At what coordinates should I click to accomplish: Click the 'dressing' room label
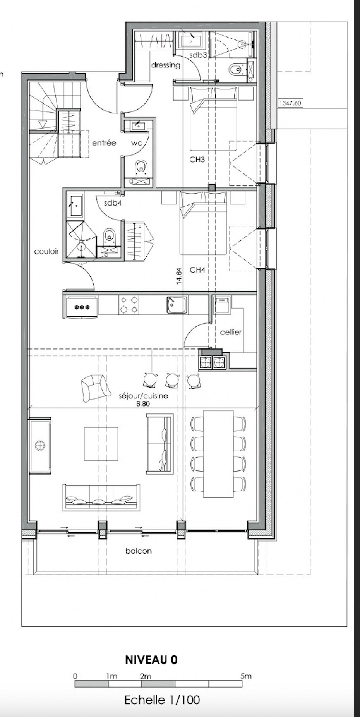(166, 65)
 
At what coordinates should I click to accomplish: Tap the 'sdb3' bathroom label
(198, 55)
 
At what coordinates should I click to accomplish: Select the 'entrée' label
(104, 143)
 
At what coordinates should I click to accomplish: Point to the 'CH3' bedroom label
(197, 159)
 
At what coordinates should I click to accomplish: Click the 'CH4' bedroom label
(197, 270)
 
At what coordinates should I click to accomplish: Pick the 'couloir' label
(46, 251)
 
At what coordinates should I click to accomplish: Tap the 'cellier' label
(231, 332)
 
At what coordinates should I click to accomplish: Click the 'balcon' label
(139, 551)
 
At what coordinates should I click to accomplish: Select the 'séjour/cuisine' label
(143, 396)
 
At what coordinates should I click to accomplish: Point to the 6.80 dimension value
(143, 403)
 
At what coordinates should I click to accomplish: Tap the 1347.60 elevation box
(290, 103)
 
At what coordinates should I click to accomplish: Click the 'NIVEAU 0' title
(151, 660)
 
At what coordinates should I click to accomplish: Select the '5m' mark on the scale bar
(246, 676)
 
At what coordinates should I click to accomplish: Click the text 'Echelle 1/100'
(162, 700)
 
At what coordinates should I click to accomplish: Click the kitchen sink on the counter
(177, 305)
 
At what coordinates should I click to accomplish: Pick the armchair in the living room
(93, 388)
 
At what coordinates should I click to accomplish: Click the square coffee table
(101, 444)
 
